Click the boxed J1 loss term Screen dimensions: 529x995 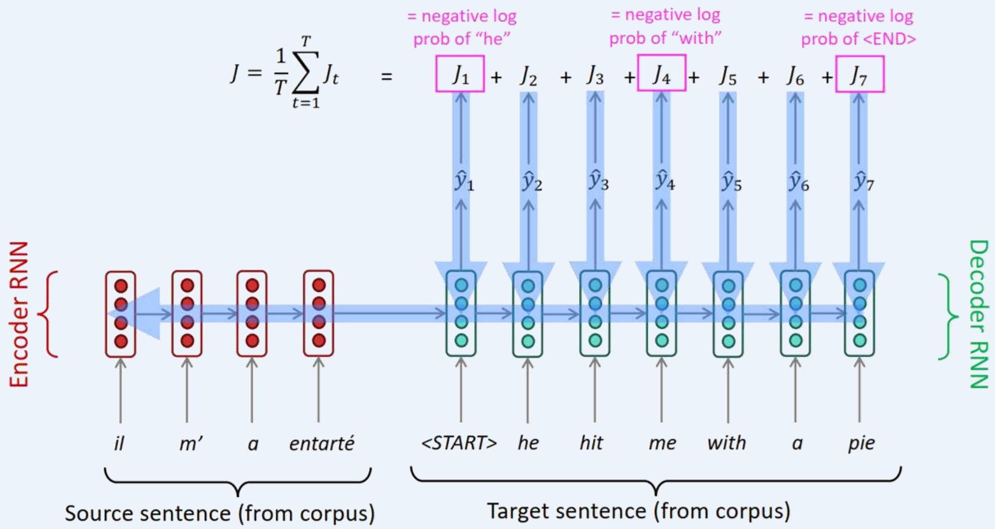point(460,75)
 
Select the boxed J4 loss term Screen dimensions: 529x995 point(662,74)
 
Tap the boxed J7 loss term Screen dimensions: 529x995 point(860,75)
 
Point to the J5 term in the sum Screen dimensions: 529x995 point(728,76)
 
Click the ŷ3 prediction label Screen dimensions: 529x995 point(598,181)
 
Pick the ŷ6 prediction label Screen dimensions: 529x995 point(797,181)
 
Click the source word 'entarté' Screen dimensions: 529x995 point(321,444)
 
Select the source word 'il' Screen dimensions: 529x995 point(119,444)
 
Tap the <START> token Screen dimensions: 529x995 point(459,443)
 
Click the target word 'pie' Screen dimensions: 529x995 point(861,443)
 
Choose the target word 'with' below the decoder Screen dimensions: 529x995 point(726,443)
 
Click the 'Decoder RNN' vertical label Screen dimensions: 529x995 point(978,314)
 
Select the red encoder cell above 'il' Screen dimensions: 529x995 point(121,313)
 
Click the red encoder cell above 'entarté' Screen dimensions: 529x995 point(318,313)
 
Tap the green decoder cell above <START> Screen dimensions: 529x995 point(461,313)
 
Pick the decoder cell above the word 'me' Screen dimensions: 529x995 point(662,313)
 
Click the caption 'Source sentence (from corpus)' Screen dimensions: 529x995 point(219,513)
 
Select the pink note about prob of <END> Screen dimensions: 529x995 point(858,27)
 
